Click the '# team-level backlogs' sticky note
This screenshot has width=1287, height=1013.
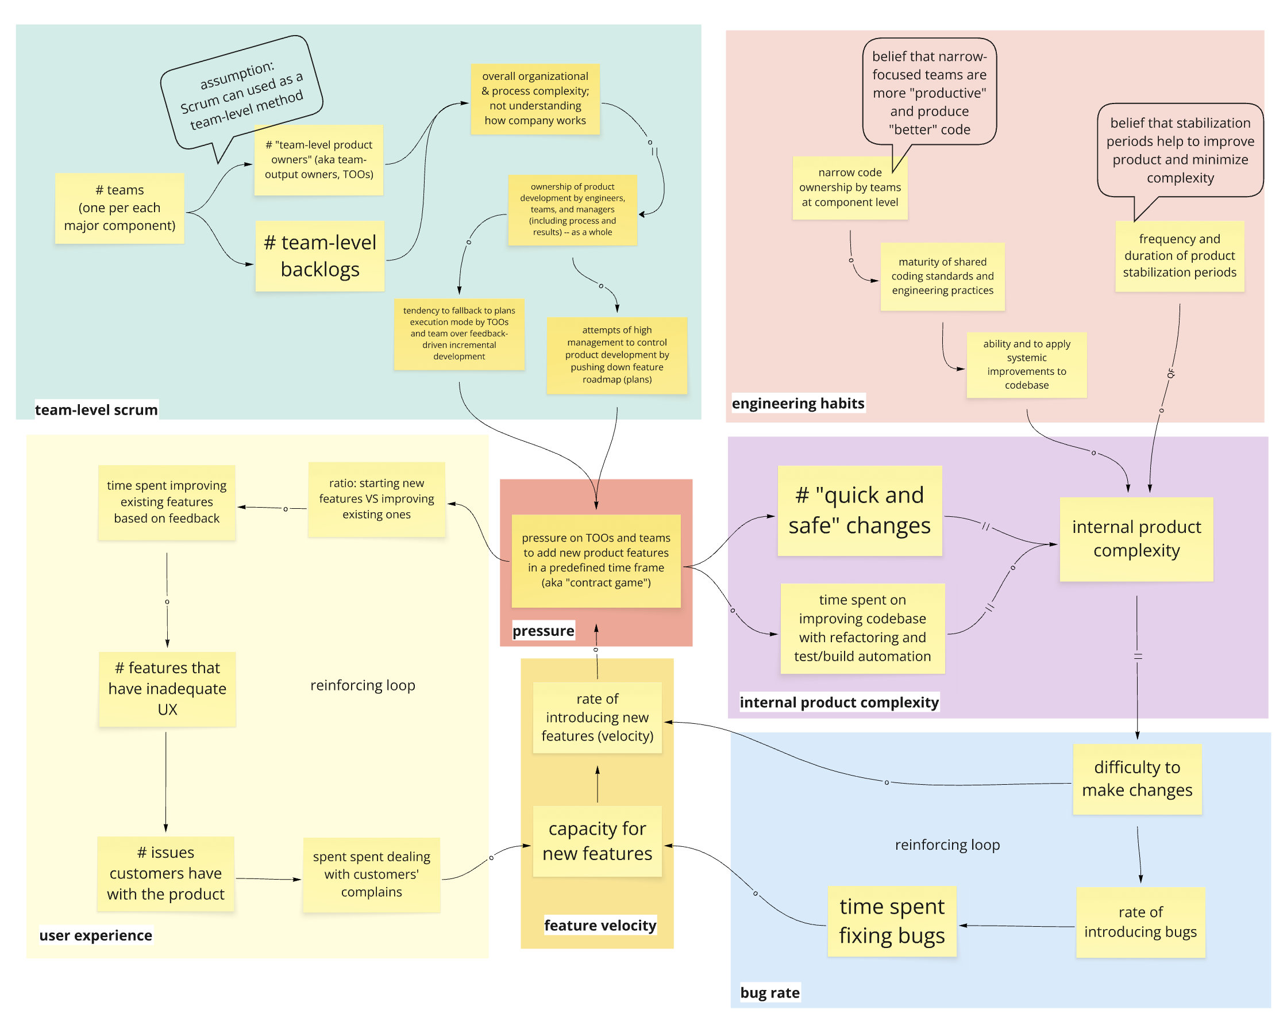tap(319, 256)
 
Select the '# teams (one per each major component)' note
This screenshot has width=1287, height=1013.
tap(119, 208)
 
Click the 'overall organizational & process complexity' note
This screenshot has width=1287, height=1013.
tap(535, 98)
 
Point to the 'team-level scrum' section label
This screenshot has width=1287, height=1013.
tap(96, 409)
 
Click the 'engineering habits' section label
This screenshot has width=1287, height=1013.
tap(797, 403)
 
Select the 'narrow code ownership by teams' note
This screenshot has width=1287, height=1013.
tap(850, 187)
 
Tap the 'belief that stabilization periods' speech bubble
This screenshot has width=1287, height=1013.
tap(1180, 150)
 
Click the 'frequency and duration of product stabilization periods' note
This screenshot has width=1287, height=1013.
tap(1179, 256)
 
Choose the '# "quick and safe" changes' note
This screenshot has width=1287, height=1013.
tap(859, 510)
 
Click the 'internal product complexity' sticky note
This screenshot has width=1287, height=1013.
tap(1136, 539)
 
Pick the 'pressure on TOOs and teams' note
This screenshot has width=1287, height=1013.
tap(596, 560)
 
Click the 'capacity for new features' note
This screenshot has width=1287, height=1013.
tap(597, 841)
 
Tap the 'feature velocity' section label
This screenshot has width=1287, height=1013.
tap(600, 925)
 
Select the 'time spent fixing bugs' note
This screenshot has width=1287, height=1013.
tap(891, 920)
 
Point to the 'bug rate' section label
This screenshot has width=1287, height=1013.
tap(769, 992)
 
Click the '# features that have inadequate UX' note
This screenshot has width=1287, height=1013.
tap(167, 689)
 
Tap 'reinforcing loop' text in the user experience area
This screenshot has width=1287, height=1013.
tap(362, 685)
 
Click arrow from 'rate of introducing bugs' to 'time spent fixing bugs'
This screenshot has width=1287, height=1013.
tap(1017, 926)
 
